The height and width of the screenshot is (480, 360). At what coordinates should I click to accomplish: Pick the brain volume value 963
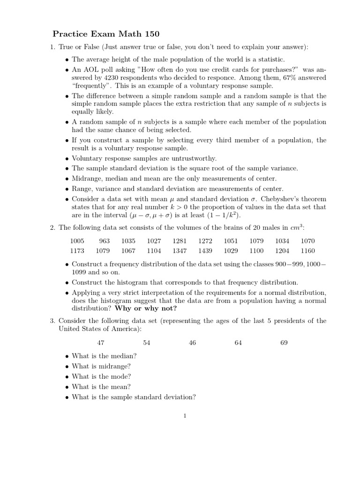[x=104, y=241]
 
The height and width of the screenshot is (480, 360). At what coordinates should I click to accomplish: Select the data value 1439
[x=205, y=251]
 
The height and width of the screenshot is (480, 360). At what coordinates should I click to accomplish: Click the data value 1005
[x=77, y=241]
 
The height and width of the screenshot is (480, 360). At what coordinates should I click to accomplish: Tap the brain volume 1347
[x=180, y=251]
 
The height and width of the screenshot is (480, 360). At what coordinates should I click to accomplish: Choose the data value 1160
[x=307, y=251]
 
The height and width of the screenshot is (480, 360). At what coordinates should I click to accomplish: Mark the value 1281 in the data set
[x=180, y=241]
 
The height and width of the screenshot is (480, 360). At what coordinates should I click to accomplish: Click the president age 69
[x=284, y=343]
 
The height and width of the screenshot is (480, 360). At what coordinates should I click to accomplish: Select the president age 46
[x=192, y=343]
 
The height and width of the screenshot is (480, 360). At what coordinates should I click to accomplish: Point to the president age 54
[x=146, y=343]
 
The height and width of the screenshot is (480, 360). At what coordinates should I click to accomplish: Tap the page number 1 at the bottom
[x=185, y=416]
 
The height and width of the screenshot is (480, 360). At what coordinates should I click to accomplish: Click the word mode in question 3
[x=120, y=376]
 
